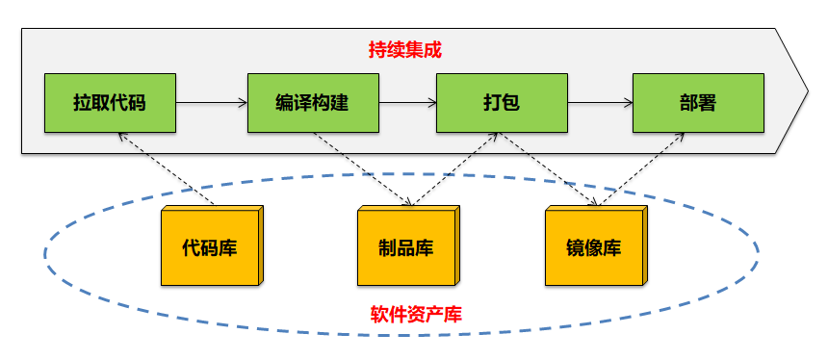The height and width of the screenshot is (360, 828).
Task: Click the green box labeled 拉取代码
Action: pos(110,102)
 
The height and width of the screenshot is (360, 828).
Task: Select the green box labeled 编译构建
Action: pos(312,102)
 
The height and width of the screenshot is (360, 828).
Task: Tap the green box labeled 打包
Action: pos(501,102)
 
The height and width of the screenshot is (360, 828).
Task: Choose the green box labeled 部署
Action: pos(698,102)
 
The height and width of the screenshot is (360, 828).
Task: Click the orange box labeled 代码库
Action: pos(210,247)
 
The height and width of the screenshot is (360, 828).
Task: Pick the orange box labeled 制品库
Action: pos(405,247)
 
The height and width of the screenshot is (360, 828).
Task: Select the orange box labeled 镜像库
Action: pos(593,247)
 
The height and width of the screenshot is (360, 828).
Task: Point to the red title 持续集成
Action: pos(405,50)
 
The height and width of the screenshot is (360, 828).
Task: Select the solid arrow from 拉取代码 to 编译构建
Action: pos(211,102)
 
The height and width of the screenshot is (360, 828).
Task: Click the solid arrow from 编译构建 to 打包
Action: pos(406,102)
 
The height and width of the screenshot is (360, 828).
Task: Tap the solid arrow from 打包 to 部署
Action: pos(599,102)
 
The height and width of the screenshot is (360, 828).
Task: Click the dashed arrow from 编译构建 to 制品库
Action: pos(364,169)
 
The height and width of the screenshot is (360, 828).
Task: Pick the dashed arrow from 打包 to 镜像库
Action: pos(550,169)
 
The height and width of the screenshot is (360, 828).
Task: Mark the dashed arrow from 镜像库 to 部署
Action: pos(643,169)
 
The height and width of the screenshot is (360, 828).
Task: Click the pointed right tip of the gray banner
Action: pos(807,90)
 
